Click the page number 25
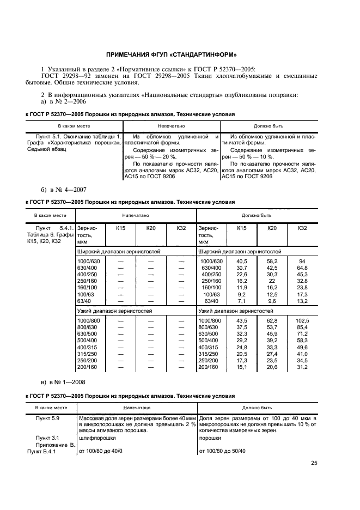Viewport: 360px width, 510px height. tap(314, 463)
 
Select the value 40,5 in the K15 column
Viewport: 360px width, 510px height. tap(242, 262)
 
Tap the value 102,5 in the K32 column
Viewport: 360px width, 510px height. tap(302, 320)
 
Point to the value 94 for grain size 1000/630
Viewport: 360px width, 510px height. tap(302, 262)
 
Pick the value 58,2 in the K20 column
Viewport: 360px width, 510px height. tap(272, 262)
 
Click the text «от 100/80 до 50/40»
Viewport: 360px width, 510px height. tap(223, 451)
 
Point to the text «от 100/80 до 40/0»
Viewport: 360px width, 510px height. tap(101, 451)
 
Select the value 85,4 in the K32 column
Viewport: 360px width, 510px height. tap(302, 327)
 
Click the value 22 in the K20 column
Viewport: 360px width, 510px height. tap(272, 281)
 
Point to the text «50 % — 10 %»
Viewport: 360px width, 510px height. tap(254, 156)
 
